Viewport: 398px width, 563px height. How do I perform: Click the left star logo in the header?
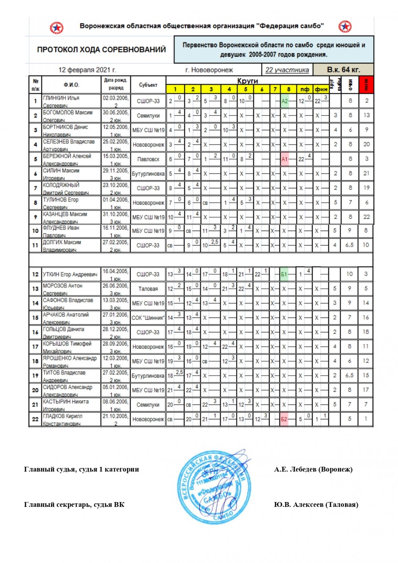tap(57, 28)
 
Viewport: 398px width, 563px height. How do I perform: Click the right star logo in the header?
tap(345, 27)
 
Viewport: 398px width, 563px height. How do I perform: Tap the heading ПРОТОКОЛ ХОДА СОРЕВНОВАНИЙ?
tap(101, 50)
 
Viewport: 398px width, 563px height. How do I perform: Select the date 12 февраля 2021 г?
tap(87, 70)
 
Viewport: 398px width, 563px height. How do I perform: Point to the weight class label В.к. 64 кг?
tap(343, 70)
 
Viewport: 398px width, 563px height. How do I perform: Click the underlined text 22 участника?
tap(287, 70)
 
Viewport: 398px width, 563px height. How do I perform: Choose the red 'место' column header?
tap(366, 85)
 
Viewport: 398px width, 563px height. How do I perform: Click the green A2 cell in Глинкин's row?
tap(285, 101)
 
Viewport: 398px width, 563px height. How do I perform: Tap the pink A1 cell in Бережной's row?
tap(285, 159)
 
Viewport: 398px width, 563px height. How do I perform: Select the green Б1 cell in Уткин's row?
tap(284, 274)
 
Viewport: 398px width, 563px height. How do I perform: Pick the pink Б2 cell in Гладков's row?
tap(284, 419)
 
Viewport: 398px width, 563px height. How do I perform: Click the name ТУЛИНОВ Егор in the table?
tap(61, 200)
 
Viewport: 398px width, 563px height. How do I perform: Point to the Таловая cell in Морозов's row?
tap(148, 289)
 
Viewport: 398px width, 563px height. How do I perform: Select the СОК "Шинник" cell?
tap(148, 318)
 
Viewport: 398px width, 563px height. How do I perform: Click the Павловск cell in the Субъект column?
tap(148, 159)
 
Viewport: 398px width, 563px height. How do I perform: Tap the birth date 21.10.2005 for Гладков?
tap(115, 416)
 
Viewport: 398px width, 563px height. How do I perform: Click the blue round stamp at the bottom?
tap(214, 485)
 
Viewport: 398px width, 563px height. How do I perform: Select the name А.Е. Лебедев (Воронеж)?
tap(313, 469)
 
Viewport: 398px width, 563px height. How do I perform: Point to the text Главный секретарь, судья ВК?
tap(74, 505)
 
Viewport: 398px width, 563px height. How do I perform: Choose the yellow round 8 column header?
tap(289, 89)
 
